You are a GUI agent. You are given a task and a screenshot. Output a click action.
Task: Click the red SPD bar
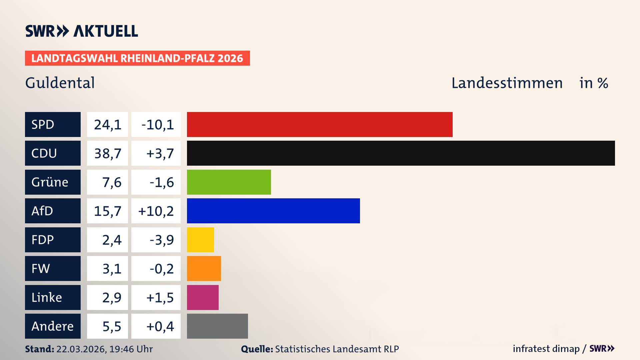click(x=319, y=124)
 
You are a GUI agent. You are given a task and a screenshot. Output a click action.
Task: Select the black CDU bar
click(x=401, y=153)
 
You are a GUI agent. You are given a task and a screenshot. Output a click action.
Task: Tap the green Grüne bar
click(x=229, y=182)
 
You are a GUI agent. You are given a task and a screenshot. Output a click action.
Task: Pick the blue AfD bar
click(x=273, y=211)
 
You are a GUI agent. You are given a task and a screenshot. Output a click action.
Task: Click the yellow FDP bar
click(x=200, y=240)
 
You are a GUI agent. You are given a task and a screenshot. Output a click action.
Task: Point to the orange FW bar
click(x=204, y=268)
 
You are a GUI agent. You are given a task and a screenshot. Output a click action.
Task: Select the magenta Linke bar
click(x=203, y=297)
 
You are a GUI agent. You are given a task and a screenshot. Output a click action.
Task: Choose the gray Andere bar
click(x=217, y=326)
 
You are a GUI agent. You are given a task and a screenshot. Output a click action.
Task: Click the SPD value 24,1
click(x=107, y=125)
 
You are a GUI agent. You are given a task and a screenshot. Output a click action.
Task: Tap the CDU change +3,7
click(x=160, y=153)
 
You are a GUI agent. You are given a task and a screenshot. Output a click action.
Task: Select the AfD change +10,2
click(x=156, y=211)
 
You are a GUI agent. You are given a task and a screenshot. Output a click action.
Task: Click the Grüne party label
click(x=50, y=182)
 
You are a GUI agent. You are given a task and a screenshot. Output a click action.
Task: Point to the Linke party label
click(x=47, y=297)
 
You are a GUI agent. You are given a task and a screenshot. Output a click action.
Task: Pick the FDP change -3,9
click(x=161, y=240)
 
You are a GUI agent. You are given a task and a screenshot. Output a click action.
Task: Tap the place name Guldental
click(x=60, y=83)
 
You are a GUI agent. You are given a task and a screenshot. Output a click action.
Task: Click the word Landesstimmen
click(x=507, y=83)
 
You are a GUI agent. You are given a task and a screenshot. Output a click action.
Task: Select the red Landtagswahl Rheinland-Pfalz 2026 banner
click(x=137, y=58)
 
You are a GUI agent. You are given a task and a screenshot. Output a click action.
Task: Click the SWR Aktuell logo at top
click(x=81, y=31)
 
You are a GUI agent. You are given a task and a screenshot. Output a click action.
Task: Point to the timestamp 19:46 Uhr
click(x=131, y=349)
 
